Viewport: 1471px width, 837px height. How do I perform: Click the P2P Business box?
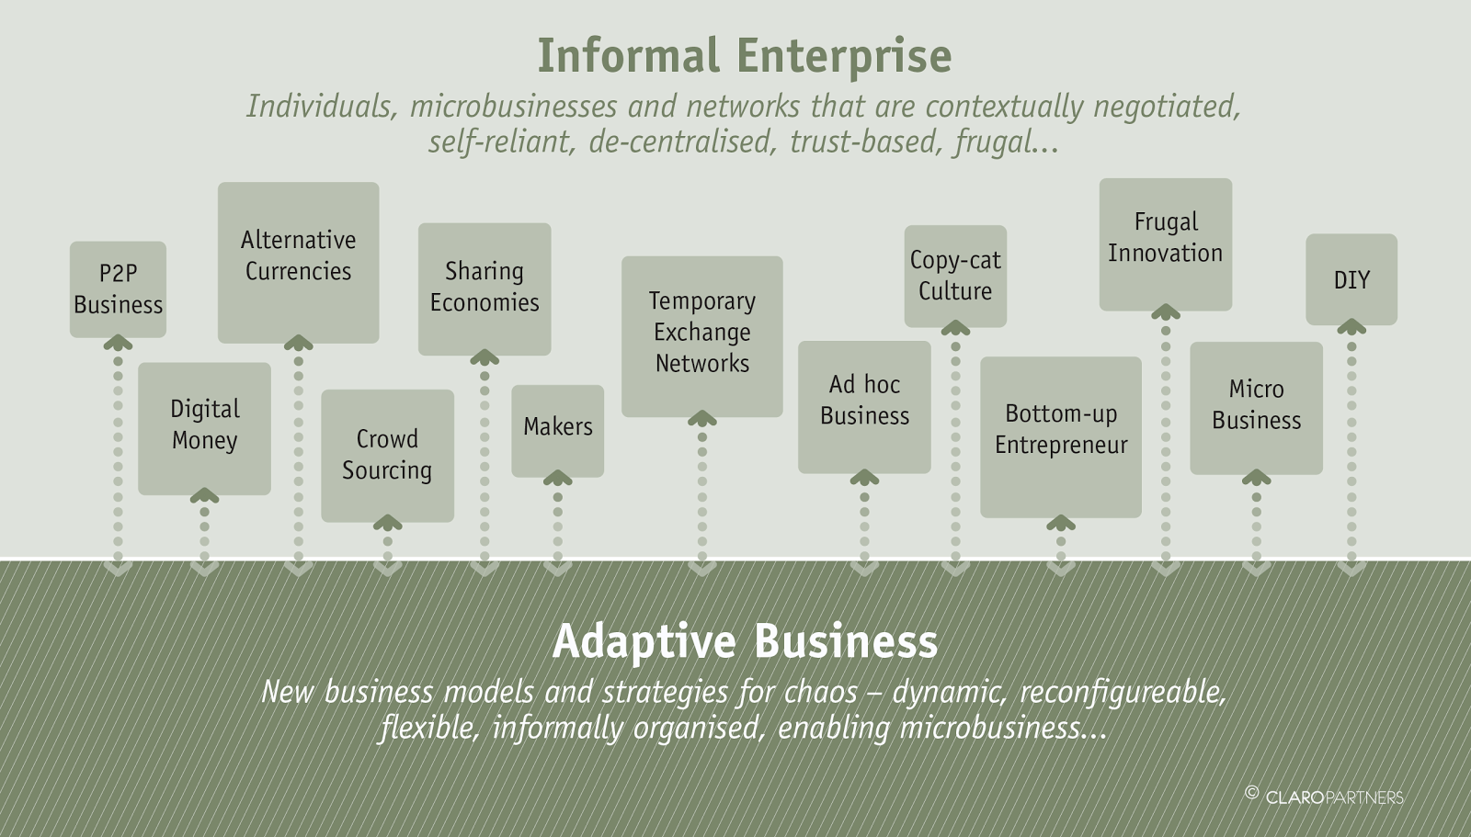118,288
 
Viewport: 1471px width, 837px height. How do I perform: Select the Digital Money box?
204,427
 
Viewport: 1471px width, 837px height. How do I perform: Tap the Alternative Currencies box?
298,261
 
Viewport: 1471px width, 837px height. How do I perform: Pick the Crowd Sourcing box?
387,455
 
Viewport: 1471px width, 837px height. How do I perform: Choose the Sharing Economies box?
485,288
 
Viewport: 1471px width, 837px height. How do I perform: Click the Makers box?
557,429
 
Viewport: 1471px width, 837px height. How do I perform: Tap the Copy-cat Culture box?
955,275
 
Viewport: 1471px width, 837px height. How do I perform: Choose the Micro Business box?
1256,407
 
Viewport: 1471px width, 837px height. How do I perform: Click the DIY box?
1351,278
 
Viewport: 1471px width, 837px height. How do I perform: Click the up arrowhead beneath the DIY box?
1351,327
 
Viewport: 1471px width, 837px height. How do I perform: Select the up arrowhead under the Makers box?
557,479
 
